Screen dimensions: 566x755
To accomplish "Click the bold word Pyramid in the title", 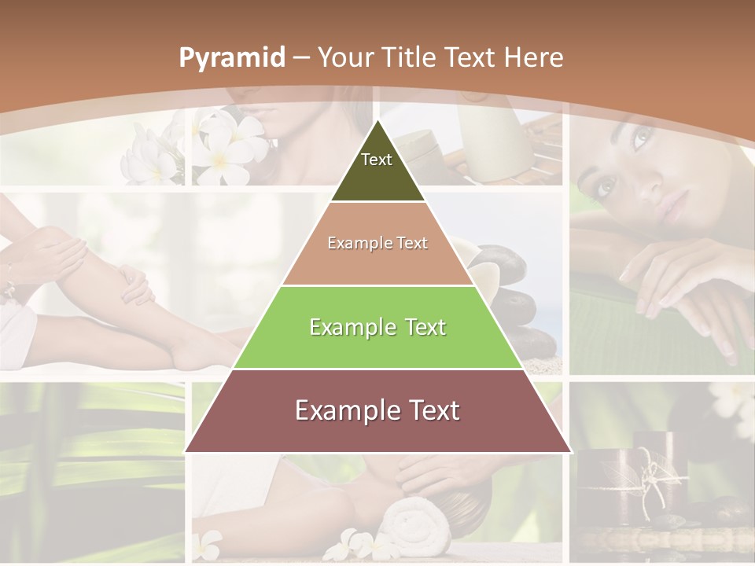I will (x=231, y=58).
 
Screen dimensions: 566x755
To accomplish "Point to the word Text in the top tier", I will (x=376, y=160).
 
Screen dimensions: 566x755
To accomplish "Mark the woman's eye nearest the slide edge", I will (x=642, y=140).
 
